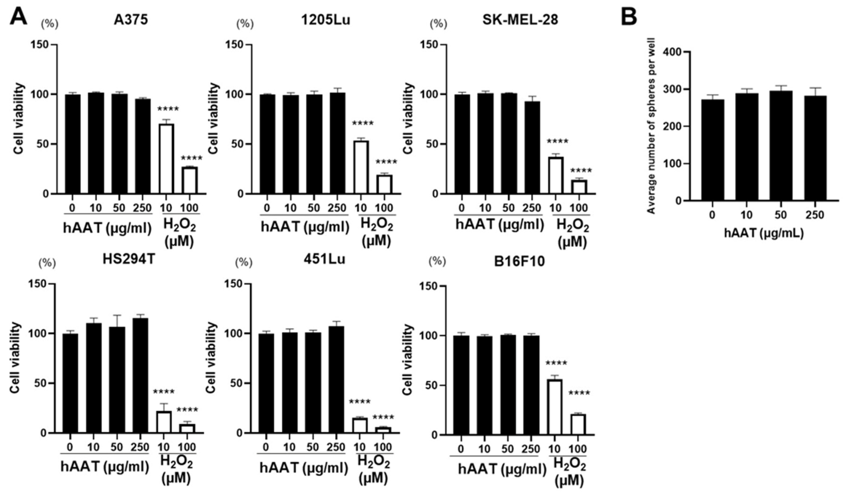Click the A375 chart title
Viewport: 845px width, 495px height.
[131, 20]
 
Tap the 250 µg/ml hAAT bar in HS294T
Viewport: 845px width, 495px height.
[140, 376]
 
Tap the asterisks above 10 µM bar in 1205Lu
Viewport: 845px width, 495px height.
[363, 123]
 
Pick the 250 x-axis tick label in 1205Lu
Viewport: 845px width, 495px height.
[337, 208]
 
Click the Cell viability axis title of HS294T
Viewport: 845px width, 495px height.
[15, 358]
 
